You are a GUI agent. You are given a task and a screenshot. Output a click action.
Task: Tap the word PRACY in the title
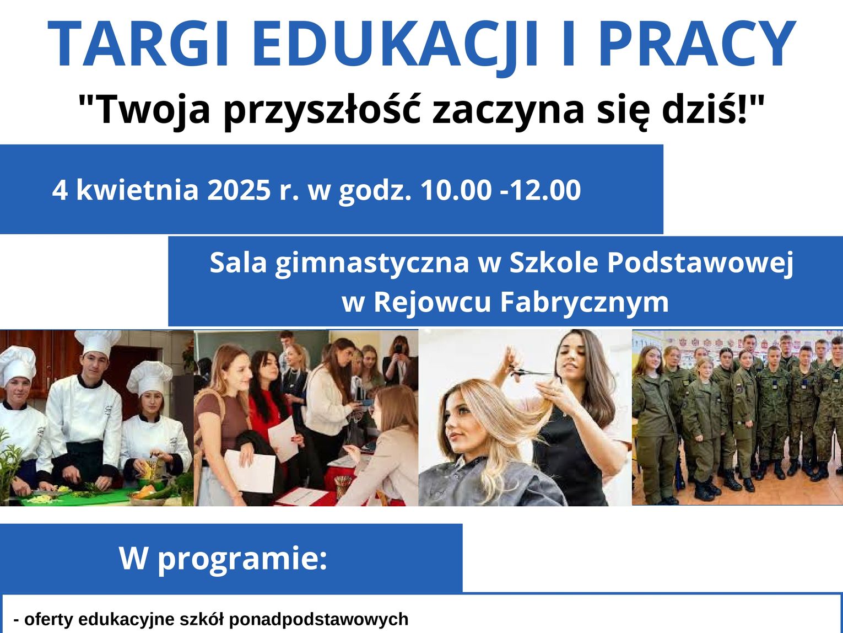click(x=698, y=44)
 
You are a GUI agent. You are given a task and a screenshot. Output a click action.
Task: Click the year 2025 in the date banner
click(x=239, y=190)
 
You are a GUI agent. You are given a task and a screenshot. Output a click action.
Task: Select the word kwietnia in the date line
click(x=137, y=190)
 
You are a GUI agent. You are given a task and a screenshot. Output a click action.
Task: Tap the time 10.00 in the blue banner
click(x=456, y=190)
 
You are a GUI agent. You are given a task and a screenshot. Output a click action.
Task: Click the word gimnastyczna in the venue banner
click(x=372, y=264)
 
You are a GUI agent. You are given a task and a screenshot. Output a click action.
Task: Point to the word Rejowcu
click(x=432, y=302)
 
